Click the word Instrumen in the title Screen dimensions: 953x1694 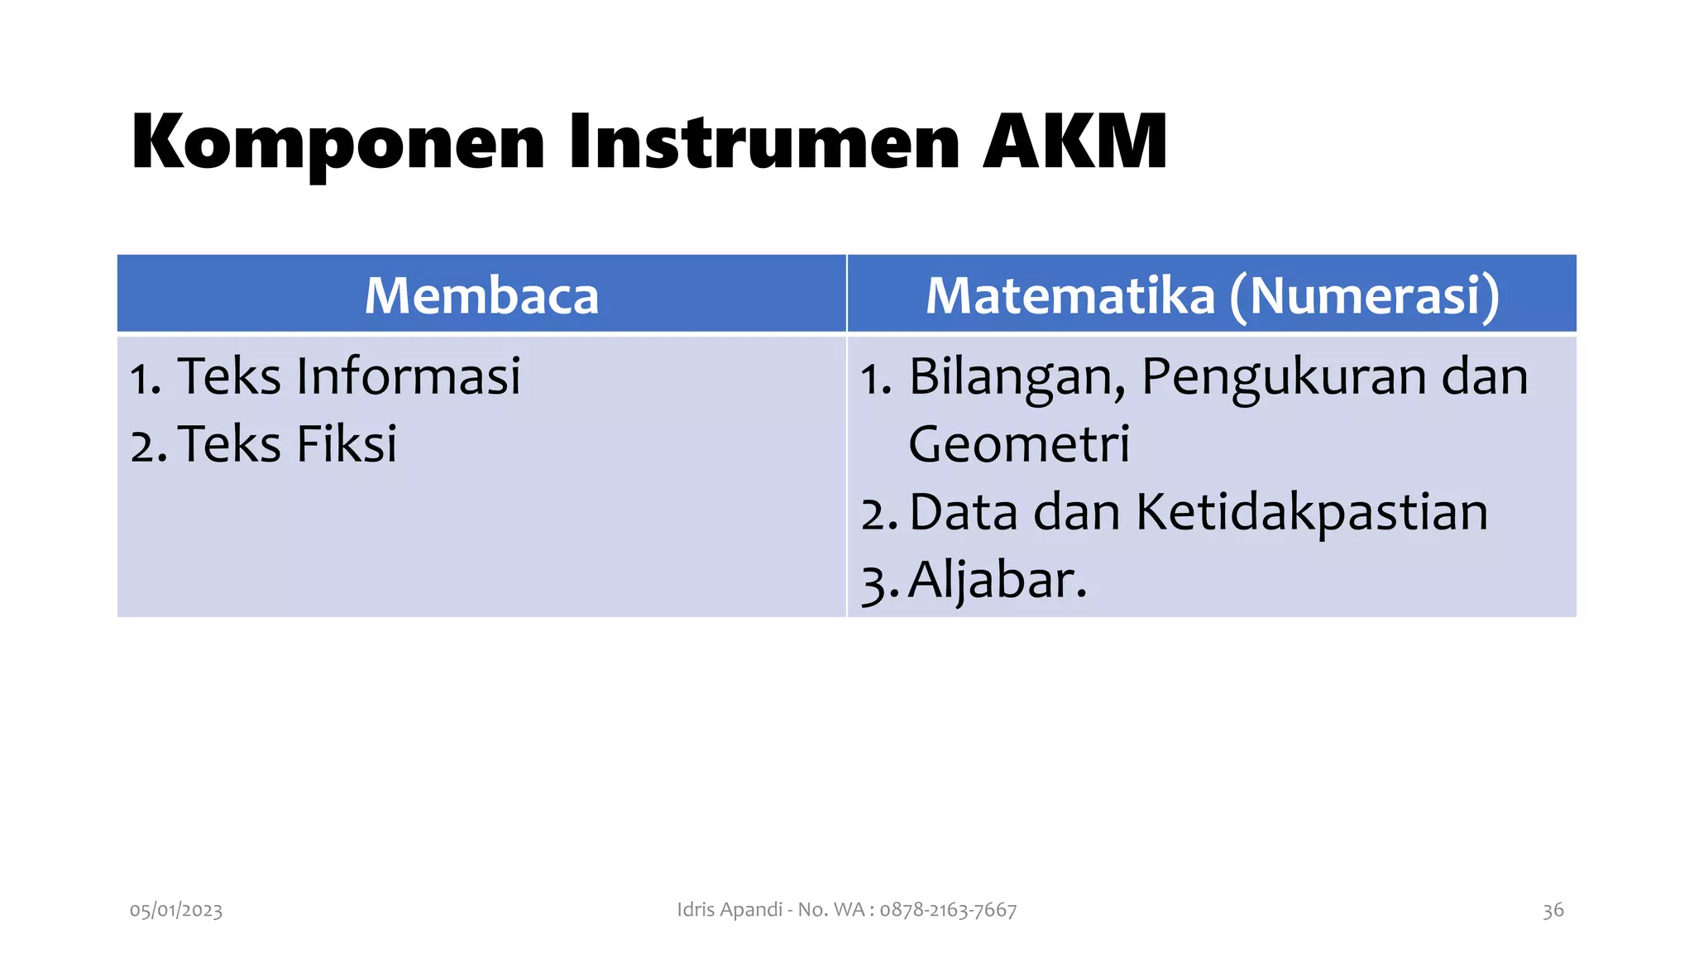click(x=763, y=142)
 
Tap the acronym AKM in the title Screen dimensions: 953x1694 click(x=1075, y=142)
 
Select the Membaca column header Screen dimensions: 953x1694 click(x=481, y=295)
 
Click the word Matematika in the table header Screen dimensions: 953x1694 click(x=1070, y=295)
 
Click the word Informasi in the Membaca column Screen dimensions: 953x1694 click(x=409, y=376)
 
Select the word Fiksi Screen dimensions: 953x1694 click(x=347, y=444)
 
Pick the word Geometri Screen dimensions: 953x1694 click(x=1019, y=444)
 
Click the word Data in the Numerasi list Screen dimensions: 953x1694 click(x=964, y=512)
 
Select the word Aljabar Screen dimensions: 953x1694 click(x=997, y=580)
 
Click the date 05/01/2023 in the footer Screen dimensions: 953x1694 click(x=176, y=911)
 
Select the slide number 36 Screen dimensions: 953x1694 click(x=1553, y=911)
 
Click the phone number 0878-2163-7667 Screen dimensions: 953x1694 click(x=948, y=910)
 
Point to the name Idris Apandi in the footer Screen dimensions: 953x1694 click(x=730, y=910)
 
